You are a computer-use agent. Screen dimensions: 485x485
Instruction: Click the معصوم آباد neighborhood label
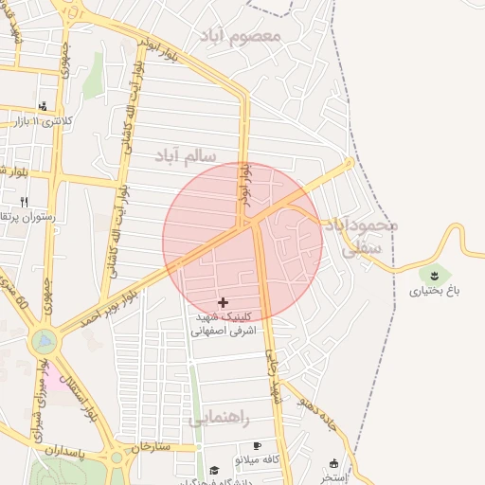242,36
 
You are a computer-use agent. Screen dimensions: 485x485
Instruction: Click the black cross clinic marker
223,302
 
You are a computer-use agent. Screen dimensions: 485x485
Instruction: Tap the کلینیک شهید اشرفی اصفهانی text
224,324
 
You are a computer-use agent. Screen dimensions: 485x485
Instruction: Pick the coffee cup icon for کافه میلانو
256,445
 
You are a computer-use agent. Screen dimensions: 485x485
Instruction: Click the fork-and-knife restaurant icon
24,201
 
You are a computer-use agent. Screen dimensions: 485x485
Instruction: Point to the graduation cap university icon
214,470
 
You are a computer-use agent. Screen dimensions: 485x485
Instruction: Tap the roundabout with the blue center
44,339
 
